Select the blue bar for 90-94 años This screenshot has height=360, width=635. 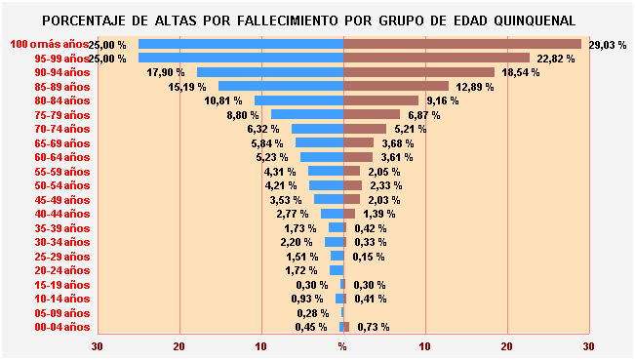[x=270, y=72]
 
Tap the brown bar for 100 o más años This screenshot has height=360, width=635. [x=462, y=44]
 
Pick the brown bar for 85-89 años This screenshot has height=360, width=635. [x=396, y=87]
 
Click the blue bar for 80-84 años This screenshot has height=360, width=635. [x=298, y=100]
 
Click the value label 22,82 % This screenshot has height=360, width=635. [x=556, y=59]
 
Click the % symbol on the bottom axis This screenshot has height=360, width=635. [x=342, y=346]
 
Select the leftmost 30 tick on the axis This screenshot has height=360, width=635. [x=98, y=346]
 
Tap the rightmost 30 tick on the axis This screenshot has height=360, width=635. [x=588, y=346]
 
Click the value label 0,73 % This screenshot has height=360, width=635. [x=374, y=327]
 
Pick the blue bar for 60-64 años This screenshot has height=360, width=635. [x=322, y=157]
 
